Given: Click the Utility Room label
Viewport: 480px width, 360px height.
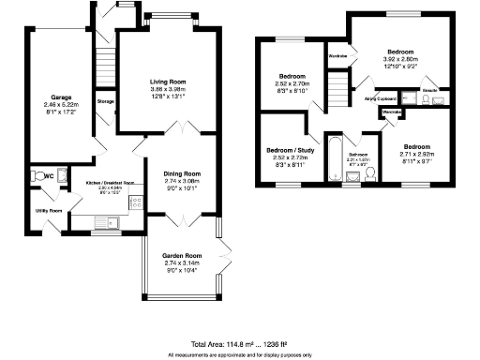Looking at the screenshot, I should click(49, 211).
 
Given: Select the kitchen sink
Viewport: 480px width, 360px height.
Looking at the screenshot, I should click(109, 222).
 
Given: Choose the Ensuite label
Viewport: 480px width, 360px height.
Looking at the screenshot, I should click(430, 91).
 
